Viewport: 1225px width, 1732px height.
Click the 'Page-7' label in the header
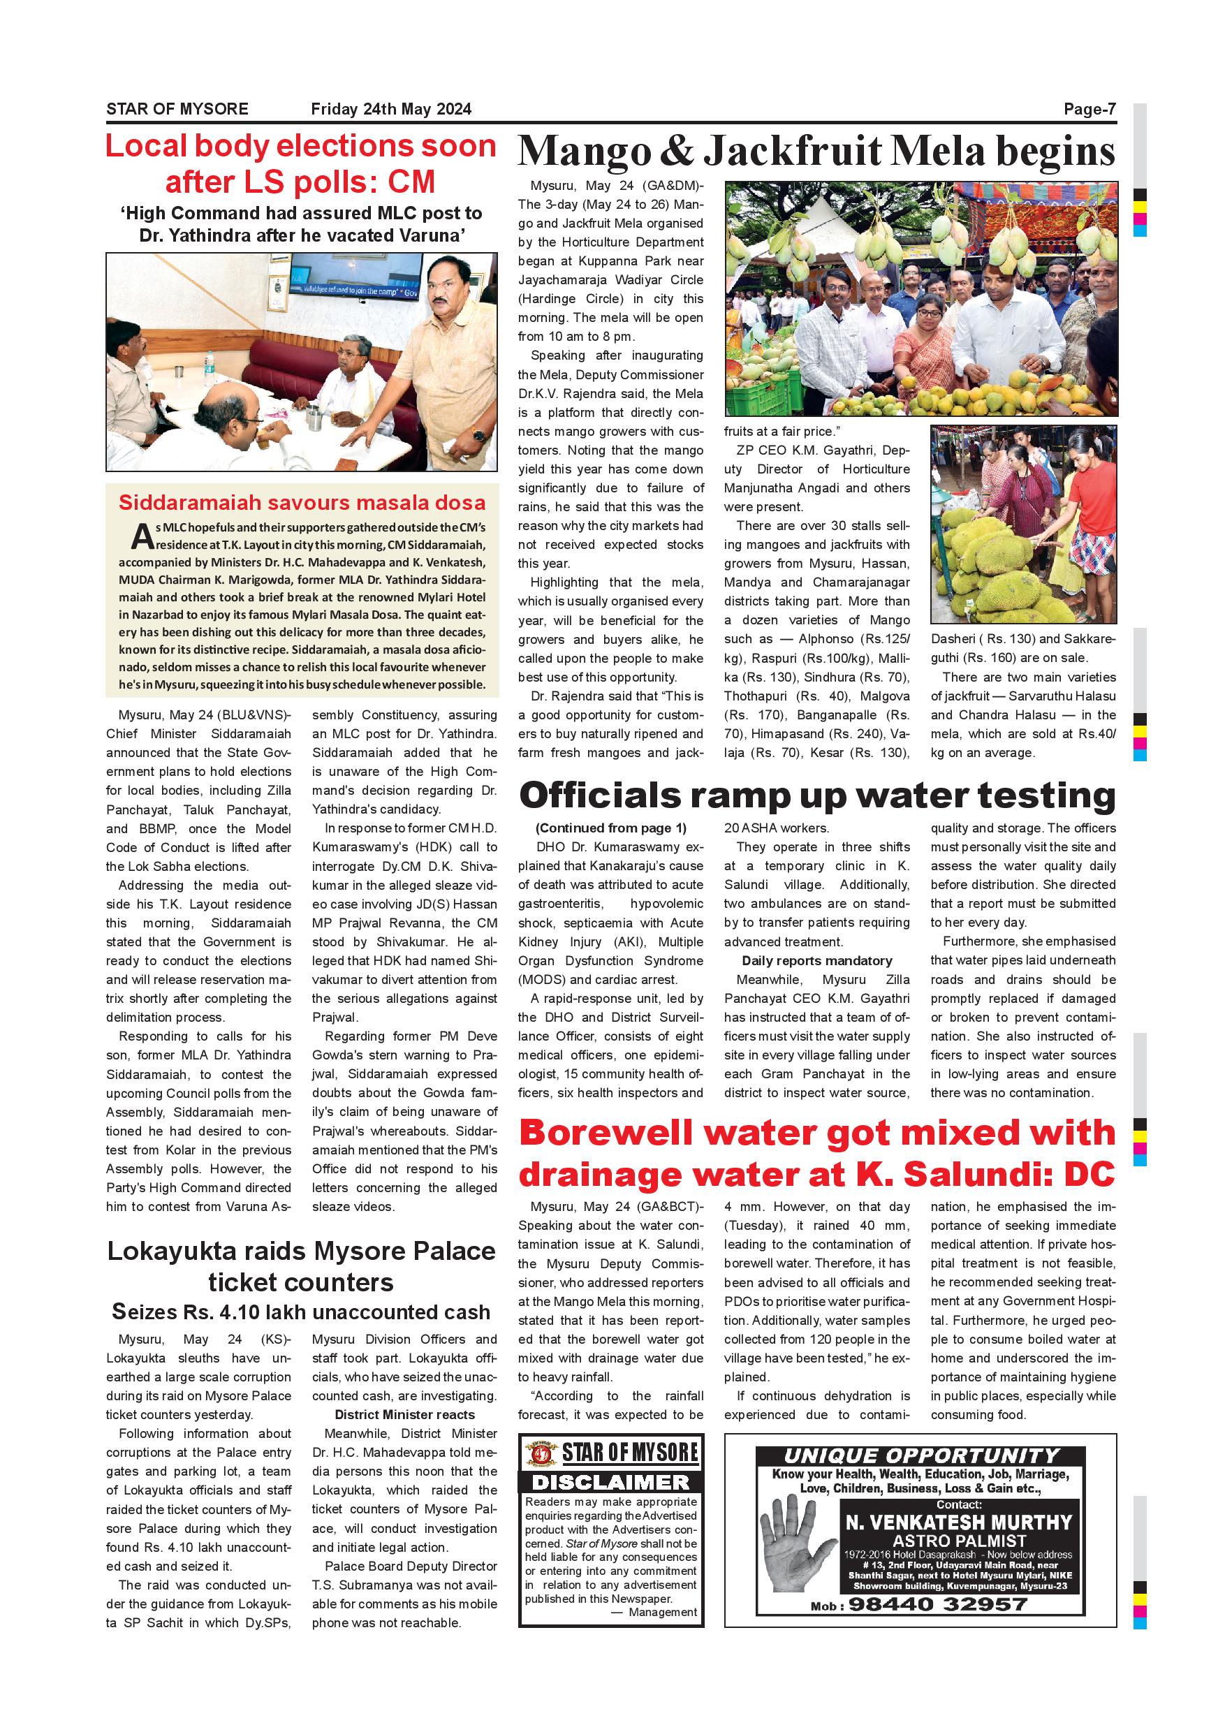pos(1090,110)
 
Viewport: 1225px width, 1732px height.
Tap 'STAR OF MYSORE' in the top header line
pos(177,110)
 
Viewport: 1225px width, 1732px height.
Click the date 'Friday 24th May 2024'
pos(390,110)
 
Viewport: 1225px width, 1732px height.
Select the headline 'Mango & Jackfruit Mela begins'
pos(816,152)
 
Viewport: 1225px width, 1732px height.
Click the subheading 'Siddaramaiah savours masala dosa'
pos(302,502)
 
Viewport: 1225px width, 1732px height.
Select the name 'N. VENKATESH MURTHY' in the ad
pos(959,1522)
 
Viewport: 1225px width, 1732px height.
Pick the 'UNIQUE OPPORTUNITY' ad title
pos(921,1456)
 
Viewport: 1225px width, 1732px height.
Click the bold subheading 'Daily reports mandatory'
pos(817,961)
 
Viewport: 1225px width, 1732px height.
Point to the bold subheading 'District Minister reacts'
pos(404,1414)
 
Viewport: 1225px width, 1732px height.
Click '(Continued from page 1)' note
pos(611,828)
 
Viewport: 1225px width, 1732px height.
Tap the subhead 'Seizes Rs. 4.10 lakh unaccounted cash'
pos(301,1312)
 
